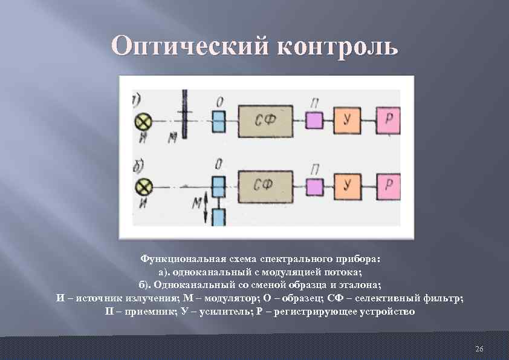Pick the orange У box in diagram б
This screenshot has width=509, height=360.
coord(346,185)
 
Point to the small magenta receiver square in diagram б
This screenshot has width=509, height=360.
coord(313,185)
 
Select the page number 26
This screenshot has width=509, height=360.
coord(479,350)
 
